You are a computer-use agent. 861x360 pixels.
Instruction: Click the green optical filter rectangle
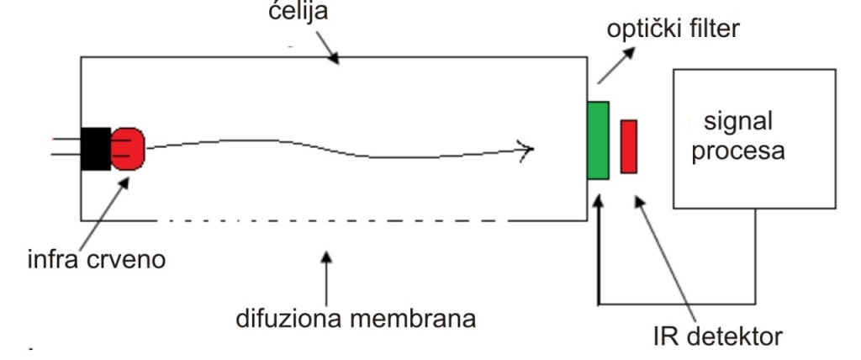click(x=598, y=140)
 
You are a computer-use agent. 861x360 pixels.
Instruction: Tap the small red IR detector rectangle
click(x=629, y=146)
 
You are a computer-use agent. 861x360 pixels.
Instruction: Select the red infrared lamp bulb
click(x=128, y=148)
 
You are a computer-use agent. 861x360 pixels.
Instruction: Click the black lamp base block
click(x=96, y=148)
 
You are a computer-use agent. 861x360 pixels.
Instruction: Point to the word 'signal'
click(x=738, y=121)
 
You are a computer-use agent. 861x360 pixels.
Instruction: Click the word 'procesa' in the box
click(x=738, y=151)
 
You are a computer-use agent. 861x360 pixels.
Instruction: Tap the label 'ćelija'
click(x=298, y=11)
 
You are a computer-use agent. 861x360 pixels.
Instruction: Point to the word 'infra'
click(x=54, y=258)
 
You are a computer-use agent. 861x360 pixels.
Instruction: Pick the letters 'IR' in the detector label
click(x=666, y=336)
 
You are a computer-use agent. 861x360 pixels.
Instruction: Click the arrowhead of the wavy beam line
click(x=526, y=148)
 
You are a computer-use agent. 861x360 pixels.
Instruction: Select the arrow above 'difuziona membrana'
click(x=327, y=278)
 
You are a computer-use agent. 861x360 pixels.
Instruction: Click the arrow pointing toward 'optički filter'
click(x=616, y=66)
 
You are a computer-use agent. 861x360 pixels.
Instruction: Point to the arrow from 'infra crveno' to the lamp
click(x=104, y=213)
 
